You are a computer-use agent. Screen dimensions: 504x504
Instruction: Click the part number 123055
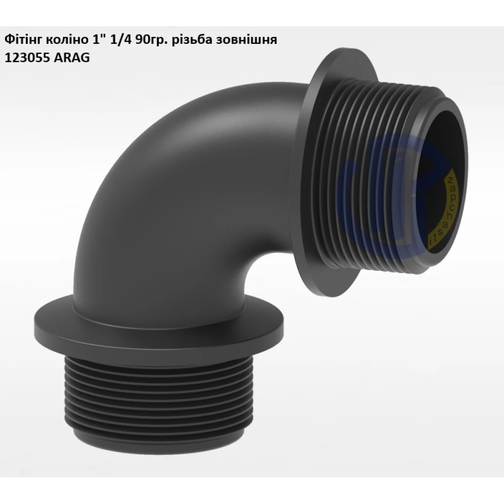pyautogui.click(x=26, y=58)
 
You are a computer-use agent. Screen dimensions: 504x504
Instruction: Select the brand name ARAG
pyautogui.click(x=71, y=58)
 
